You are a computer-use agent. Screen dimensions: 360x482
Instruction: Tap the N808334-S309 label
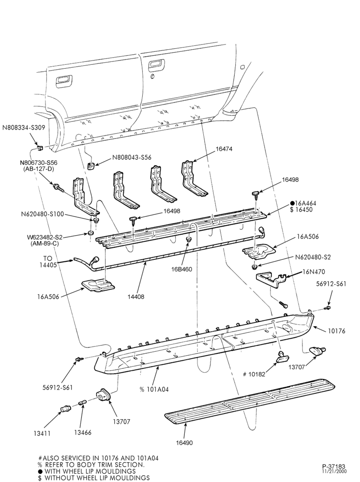pyautogui.click(x=23, y=127)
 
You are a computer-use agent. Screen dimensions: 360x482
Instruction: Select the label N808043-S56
pyautogui.click(x=132, y=157)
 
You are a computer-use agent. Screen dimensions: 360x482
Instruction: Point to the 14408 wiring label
pyautogui.click(x=136, y=297)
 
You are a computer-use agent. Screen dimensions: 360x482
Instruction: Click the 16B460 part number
pyautogui.click(x=181, y=269)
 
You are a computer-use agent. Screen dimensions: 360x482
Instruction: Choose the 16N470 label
pyautogui.click(x=314, y=272)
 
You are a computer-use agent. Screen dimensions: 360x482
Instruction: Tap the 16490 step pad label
pyautogui.click(x=184, y=443)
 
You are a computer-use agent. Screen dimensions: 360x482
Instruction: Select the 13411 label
pyautogui.click(x=42, y=434)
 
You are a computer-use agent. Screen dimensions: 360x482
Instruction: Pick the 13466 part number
pyautogui.click(x=83, y=433)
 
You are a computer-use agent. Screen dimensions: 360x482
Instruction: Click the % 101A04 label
pyautogui.click(x=154, y=390)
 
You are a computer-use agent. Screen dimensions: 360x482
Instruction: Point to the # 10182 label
pyautogui.click(x=254, y=375)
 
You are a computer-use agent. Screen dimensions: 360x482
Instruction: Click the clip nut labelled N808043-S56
pyautogui.click(x=90, y=166)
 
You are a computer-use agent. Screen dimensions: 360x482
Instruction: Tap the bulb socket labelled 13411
pyautogui.click(x=65, y=408)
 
